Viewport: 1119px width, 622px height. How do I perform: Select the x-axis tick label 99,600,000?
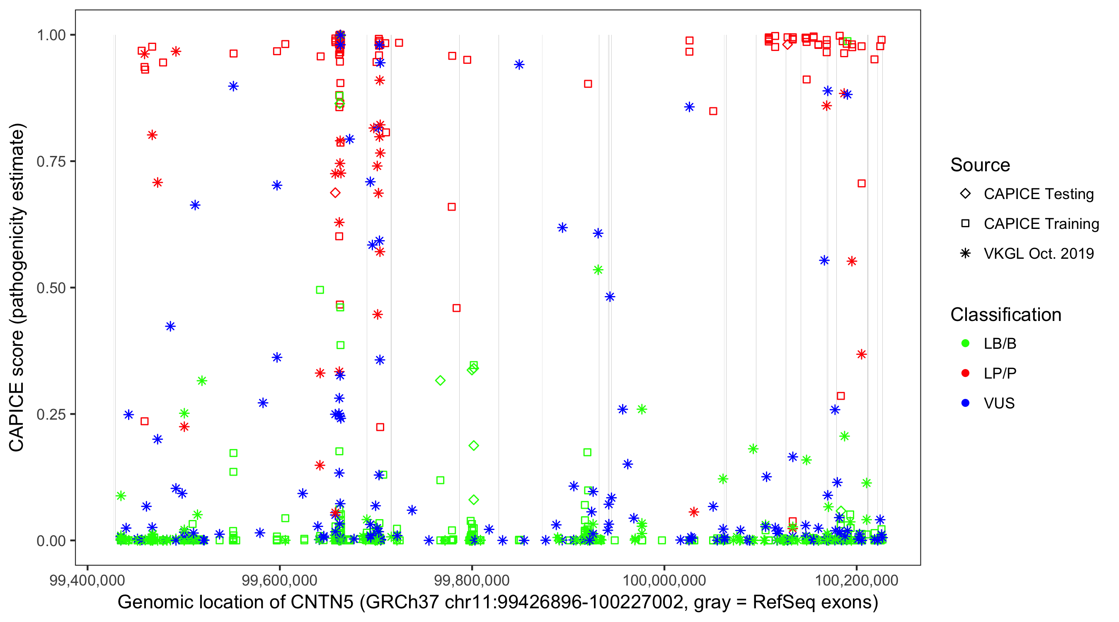click(279, 581)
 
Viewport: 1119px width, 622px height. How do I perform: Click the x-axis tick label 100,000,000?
click(664, 581)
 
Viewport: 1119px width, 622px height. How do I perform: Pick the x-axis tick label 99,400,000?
click(87, 581)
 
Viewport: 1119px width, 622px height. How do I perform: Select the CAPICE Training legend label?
click(1041, 224)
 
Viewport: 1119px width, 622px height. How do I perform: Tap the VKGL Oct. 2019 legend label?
click(1039, 253)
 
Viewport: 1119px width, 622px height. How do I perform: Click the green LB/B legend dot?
click(965, 343)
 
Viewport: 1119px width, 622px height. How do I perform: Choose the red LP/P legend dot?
click(965, 373)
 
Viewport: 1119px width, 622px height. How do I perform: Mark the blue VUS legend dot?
click(965, 403)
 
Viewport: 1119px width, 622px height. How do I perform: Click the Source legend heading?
click(980, 165)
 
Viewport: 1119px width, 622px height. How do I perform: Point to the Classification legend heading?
click(1005, 315)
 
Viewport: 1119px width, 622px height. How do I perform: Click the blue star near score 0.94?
click(519, 65)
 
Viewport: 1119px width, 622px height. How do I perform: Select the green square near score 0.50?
click(320, 290)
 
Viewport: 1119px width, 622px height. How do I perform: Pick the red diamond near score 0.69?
click(335, 193)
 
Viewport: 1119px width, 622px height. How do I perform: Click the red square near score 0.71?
click(861, 183)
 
